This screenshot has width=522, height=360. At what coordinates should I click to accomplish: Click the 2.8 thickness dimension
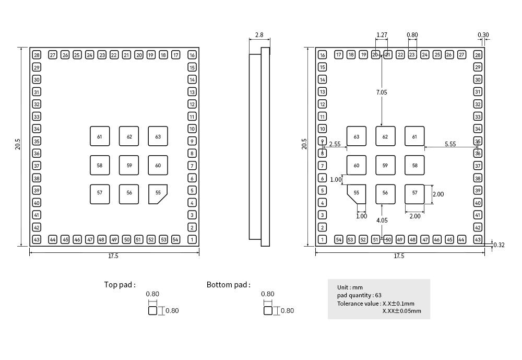click(259, 36)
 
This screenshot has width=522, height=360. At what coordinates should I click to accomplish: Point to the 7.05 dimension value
click(382, 92)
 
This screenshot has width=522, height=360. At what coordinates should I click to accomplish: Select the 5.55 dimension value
click(450, 143)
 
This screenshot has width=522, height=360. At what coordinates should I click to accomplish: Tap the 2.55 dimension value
click(335, 143)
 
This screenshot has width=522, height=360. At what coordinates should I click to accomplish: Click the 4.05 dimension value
click(382, 220)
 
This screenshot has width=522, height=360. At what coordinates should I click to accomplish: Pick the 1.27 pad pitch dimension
click(382, 35)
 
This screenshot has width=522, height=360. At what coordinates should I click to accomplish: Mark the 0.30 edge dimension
click(483, 35)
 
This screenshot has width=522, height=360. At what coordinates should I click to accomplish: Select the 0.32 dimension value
click(499, 245)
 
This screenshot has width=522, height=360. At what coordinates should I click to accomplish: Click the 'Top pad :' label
click(120, 285)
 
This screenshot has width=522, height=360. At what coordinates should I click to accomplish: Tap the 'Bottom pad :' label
click(229, 285)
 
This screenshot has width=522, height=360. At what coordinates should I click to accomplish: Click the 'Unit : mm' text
click(350, 287)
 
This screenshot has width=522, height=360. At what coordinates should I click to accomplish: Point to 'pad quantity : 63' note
click(359, 295)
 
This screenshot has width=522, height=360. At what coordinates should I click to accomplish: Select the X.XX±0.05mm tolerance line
click(401, 311)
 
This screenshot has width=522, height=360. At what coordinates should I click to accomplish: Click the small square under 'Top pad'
click(152, 310)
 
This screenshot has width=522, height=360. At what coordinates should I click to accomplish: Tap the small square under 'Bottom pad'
click(268, 310)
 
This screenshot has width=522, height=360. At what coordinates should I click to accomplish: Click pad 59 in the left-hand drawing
click(129, 165)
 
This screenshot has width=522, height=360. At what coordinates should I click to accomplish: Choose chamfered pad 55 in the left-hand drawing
click(158, 193)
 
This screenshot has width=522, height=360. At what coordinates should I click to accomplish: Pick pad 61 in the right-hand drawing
click(414, 136)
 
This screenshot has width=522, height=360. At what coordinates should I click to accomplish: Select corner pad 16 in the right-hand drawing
click(322, 55)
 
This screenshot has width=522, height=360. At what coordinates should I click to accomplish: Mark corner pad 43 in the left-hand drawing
click(37, 239)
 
